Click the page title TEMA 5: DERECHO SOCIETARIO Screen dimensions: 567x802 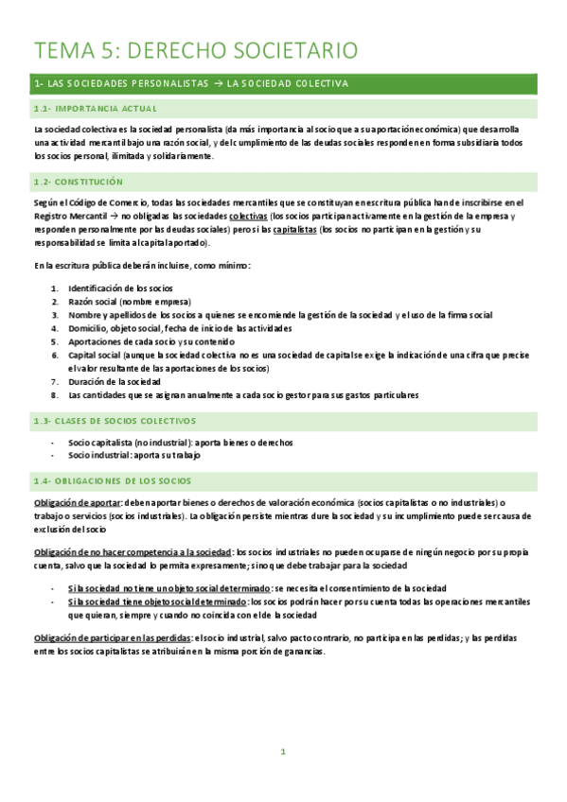(x=196, y=50)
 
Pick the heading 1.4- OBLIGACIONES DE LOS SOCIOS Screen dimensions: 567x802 (x=112, y=481)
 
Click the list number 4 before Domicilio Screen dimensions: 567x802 (x=56, y=328)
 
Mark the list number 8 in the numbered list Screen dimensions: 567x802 (x=56, y=395)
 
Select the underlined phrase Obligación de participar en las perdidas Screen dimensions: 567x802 (x=110, y=638)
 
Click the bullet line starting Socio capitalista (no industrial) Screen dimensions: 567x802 (x=180, y=443)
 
